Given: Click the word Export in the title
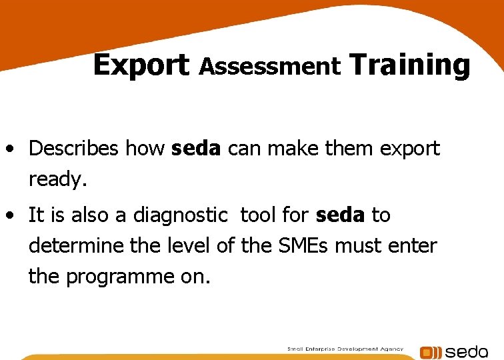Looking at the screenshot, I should coord(141,65).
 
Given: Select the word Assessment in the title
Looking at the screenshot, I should coord(270,66).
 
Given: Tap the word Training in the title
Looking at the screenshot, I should coord(409,65).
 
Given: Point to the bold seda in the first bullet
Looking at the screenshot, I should coord(195,148).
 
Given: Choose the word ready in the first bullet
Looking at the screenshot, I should coord(56,179).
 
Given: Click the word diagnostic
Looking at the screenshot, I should coord(180,215).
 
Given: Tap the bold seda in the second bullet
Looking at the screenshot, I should coord(340,215).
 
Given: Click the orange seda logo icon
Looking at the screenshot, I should coord(431,352).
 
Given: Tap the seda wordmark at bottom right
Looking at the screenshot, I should coord(466,351).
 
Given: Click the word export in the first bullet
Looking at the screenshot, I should coord(409,148).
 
